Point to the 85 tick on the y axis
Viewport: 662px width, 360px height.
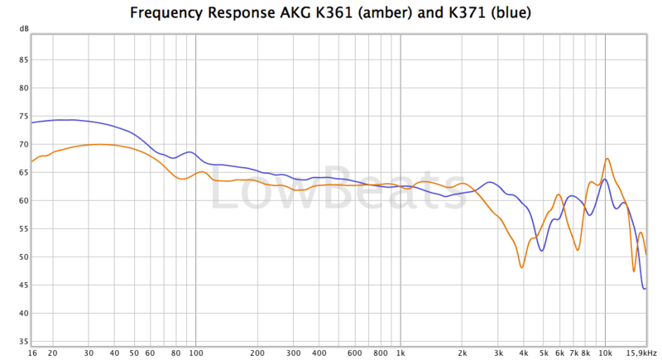[23, 60]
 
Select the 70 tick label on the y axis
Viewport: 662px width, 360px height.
[23, 144]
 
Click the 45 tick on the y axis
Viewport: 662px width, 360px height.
[23, 286]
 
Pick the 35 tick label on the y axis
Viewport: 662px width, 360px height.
[23, 341]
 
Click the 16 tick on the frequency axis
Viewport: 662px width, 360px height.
[31, 352]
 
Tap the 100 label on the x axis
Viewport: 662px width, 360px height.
[195, 352]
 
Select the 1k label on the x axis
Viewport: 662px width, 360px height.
[401, 352]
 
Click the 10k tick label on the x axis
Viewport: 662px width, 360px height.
[605, 352]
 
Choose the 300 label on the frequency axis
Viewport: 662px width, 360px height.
[293, 352]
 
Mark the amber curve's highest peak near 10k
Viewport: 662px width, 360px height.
[607, 158]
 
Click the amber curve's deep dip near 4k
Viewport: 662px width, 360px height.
[521, 266]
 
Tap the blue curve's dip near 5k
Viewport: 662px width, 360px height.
[542, 251]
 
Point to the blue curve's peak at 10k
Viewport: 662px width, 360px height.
[605, 179]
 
